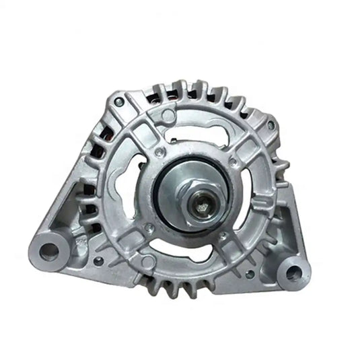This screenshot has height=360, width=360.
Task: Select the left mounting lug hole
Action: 50,251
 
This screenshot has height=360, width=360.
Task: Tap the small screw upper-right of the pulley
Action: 232,161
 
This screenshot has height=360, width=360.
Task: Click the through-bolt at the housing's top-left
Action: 118,102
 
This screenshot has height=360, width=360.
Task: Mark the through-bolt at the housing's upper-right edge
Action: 270,124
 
